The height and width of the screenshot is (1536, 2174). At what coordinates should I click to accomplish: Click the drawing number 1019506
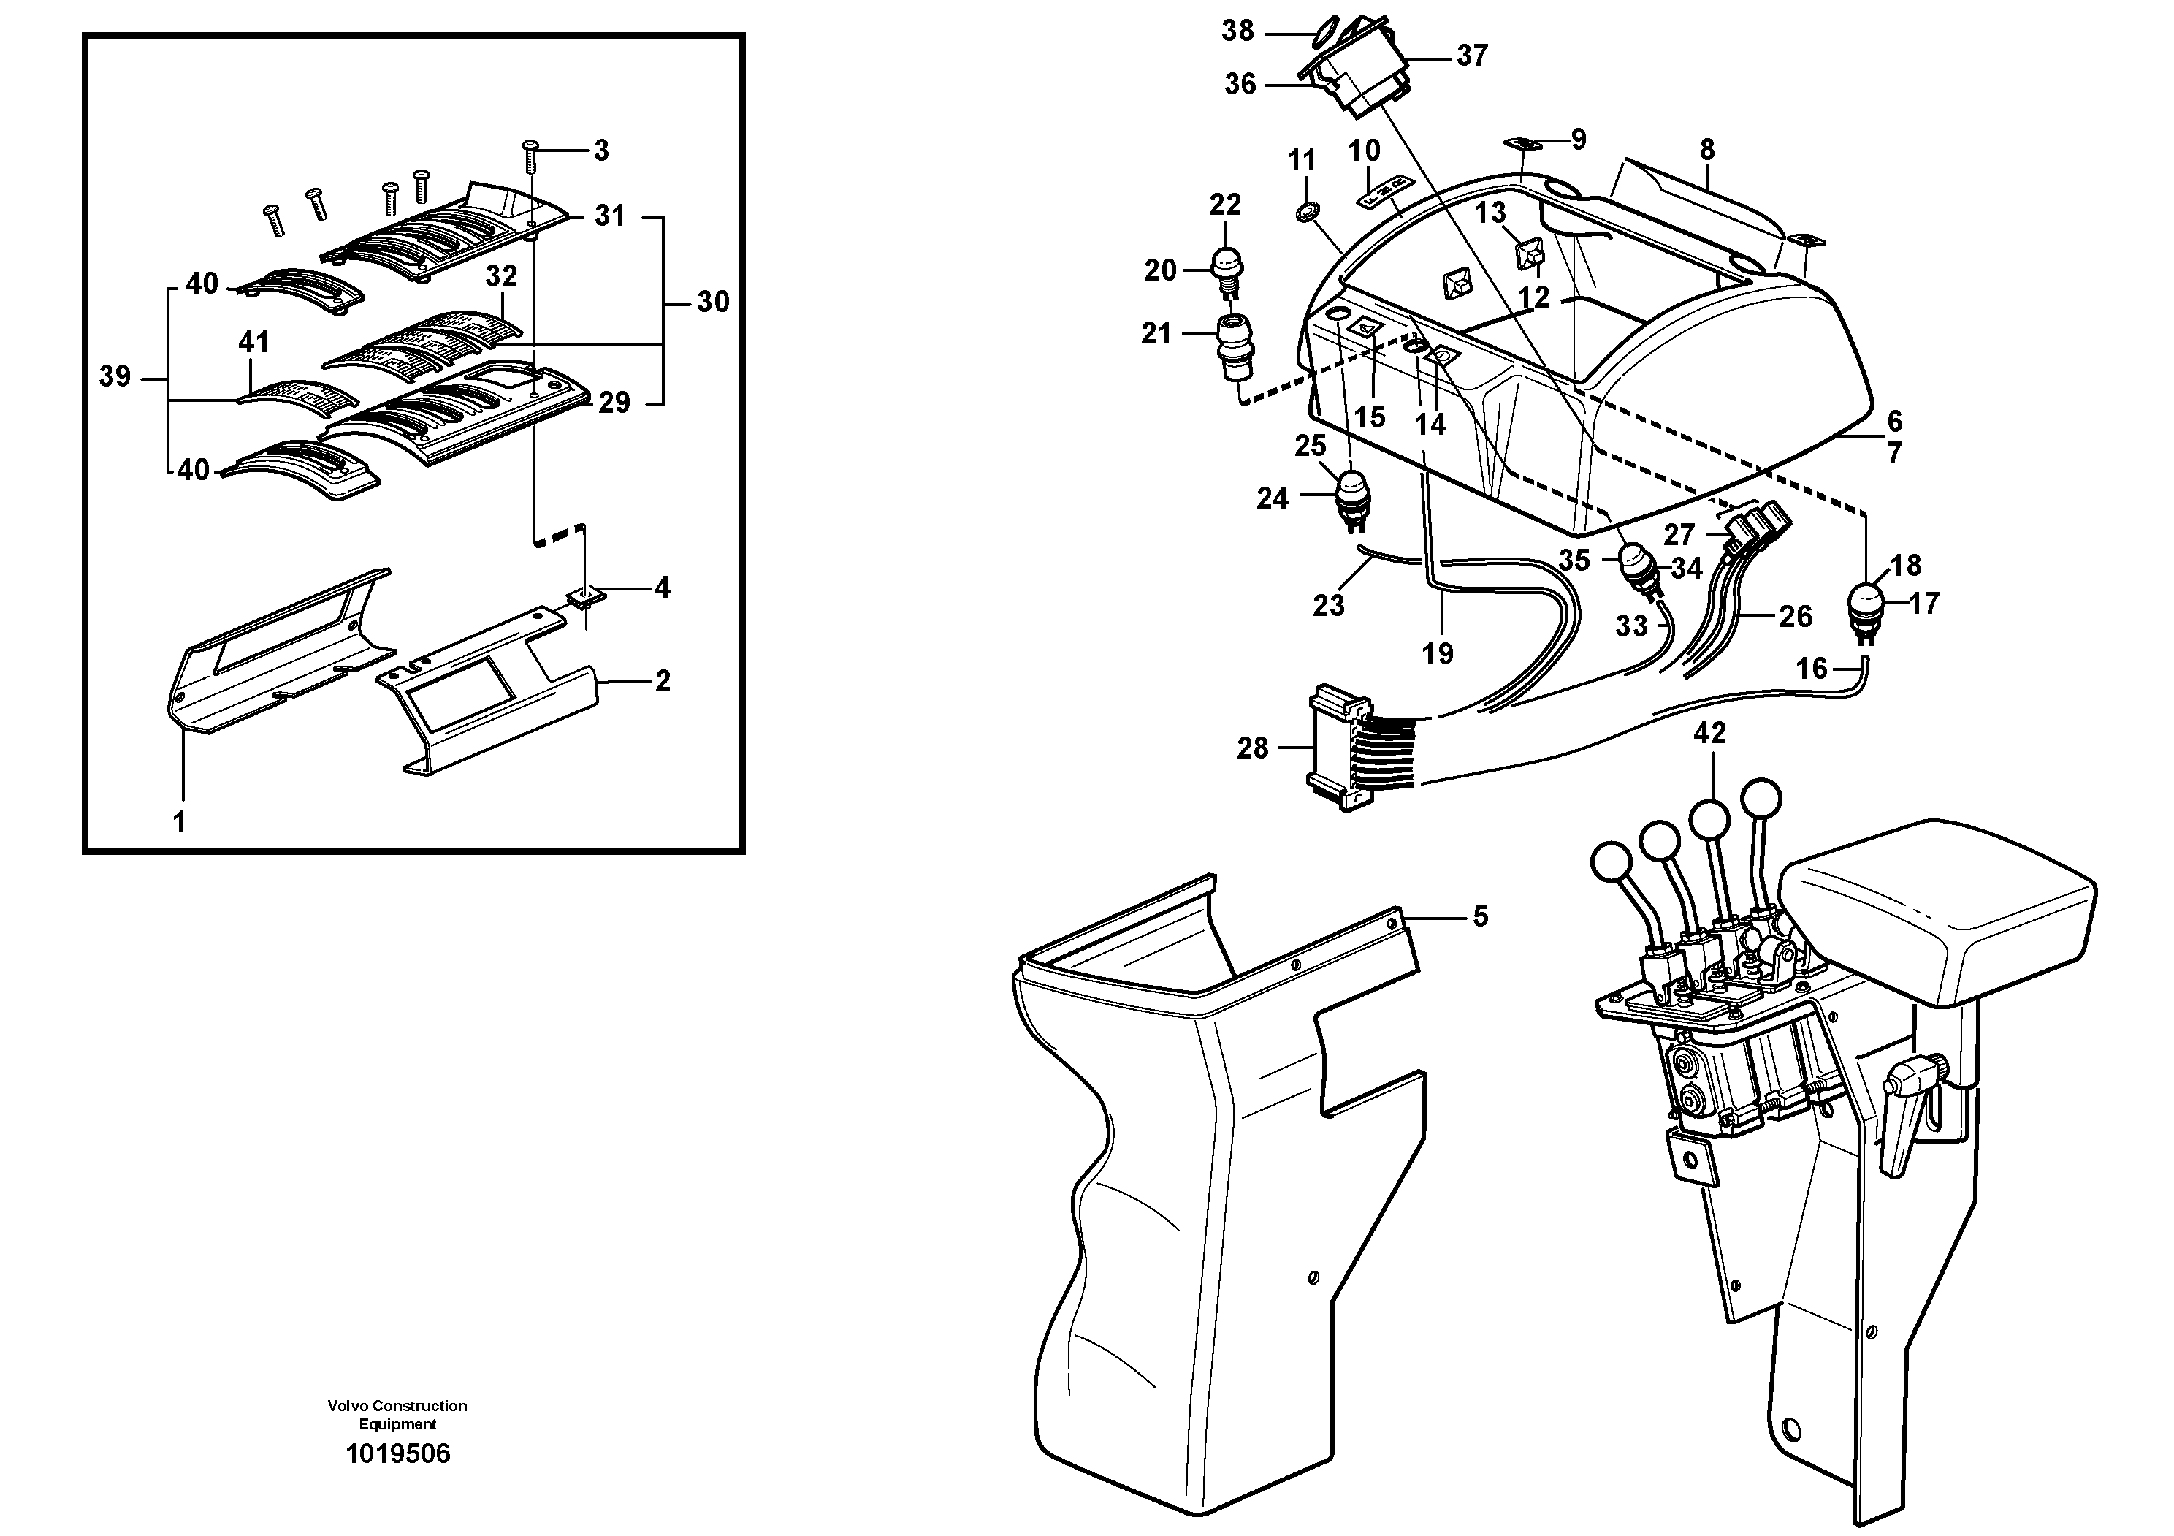(397, 1453)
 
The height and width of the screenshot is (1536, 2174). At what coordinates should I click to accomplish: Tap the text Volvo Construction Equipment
(397, 1415)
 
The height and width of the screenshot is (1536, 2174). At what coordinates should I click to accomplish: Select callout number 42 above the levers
(1709, 732)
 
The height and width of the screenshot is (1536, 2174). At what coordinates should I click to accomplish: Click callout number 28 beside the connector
(1252, 748)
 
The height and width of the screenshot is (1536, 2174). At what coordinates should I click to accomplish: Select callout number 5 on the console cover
(1480, 916)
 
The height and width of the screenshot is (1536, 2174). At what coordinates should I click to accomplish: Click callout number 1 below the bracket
(179, 822)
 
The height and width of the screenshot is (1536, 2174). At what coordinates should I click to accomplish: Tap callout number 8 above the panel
(1706, 150)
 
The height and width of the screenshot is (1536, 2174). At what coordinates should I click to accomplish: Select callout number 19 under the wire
(1438, 653)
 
